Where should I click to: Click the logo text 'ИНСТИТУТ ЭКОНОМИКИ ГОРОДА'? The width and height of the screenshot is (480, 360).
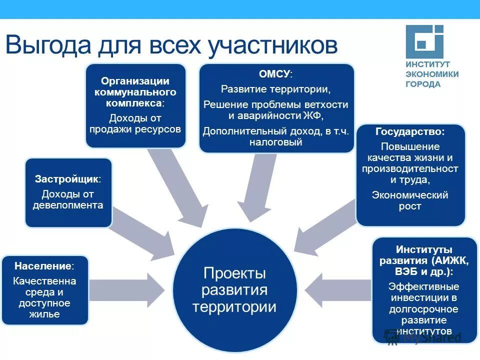click(431, 74)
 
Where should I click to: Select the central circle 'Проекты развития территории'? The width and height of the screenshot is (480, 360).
click(234, 289)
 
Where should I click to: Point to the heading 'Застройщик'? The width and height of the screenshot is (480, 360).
click(67, 178)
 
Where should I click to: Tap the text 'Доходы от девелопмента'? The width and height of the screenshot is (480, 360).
click(68, 199)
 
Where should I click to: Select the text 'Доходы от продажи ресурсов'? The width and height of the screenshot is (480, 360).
click(135, 123)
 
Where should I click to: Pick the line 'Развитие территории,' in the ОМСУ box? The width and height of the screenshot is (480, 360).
click(276, 89)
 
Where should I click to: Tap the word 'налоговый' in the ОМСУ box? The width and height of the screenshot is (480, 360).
click(276, 142)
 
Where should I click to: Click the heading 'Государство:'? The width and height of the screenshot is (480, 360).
click(410, 132)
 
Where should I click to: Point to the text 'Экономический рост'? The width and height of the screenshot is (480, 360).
click(410, 200)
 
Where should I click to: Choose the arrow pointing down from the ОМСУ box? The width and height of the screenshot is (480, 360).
click(255, 185)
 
